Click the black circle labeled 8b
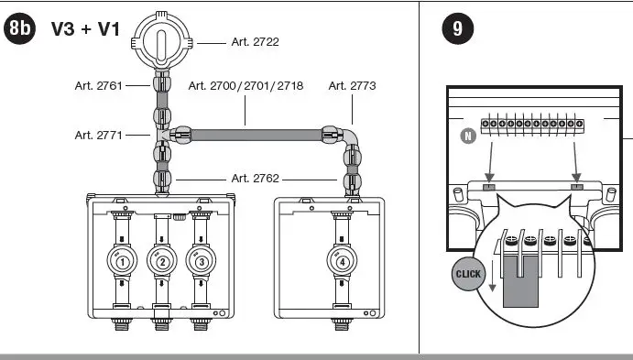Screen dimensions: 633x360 point(19,28)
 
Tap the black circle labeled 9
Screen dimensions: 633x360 point(458,28)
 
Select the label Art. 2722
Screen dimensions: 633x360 point(256,42)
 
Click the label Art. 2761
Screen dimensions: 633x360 point(99,85)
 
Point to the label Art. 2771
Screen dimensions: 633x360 point(99,135)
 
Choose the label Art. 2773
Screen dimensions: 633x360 point(352,85)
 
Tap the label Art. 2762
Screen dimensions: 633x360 point(256,179)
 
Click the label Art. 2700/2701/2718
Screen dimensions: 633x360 point(246,85)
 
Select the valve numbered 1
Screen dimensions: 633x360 point(122,261)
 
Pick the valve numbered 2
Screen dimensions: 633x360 point(162,261)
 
